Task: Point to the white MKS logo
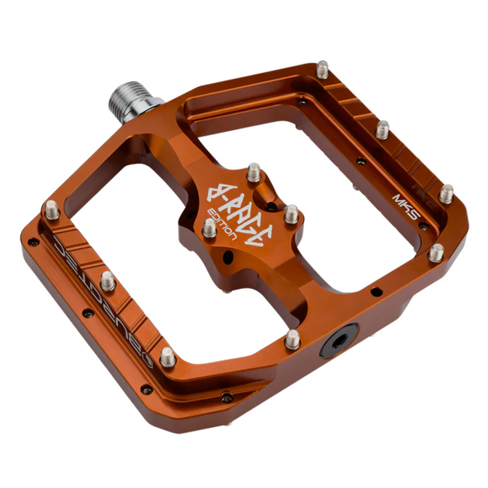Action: point(405,202)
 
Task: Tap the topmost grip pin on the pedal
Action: point(323,70)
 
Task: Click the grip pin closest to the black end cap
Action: point(293,339)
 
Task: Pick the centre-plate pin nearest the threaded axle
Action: point(253,172)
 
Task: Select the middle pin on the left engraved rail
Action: point(108,281)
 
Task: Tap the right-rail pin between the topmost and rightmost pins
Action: point(382,129)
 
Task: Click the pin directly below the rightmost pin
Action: point(435,252)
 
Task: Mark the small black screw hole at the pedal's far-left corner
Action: point(32,242)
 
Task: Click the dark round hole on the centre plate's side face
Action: point(232,258)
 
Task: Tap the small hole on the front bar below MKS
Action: point(374,289)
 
